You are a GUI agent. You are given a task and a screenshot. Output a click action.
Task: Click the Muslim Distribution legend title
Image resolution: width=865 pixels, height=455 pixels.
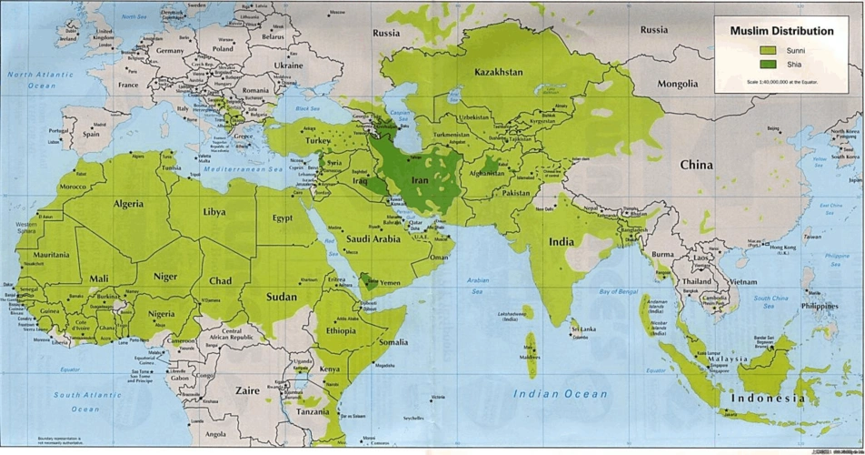click(781, 31)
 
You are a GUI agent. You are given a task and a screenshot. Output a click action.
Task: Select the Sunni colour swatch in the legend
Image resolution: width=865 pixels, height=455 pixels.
click(768, 51)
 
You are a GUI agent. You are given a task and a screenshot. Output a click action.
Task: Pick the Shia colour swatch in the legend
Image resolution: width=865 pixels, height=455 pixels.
click(768, 65)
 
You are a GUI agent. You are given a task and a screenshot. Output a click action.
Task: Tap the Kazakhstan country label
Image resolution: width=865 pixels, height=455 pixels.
click(499, 71)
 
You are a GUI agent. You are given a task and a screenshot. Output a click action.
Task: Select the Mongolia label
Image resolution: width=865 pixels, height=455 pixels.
click(678, 84)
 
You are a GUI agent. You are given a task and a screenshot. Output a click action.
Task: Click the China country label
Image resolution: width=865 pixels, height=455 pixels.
click(697, 165)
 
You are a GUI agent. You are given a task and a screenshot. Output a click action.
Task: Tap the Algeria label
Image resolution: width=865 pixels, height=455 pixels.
click(128, 204)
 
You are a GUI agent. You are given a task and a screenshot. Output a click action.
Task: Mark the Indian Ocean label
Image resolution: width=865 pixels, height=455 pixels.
click(560, 393)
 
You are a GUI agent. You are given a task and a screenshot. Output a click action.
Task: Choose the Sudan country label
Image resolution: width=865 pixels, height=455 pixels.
click(283, 297)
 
